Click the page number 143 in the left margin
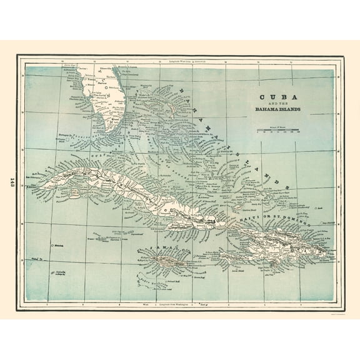(x=12, y=181)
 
